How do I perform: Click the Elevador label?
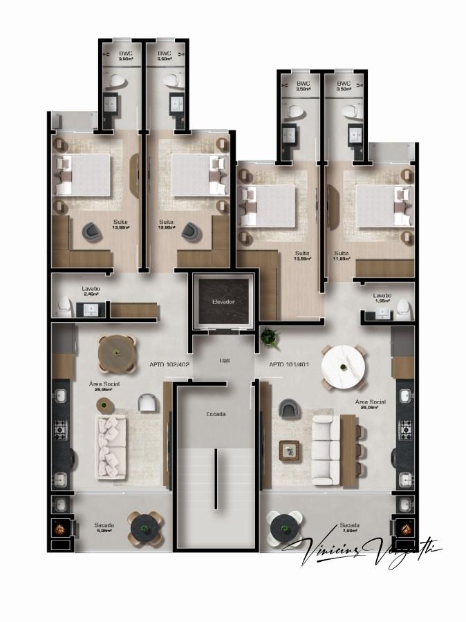tap(223, 303)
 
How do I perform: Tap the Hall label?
tap(225, 361)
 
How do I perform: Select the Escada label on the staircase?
tap(216, 414)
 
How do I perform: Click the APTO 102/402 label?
tap(169, 364)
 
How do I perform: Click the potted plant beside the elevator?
tap(268, 337)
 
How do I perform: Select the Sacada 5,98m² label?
tap(104, 528)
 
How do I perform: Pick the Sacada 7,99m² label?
tap(349, 528)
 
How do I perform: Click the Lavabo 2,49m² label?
tap(91, 291)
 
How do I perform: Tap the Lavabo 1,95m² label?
tap(382, 298)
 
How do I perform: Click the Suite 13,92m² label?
tap(120, 224)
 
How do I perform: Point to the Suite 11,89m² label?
tap(342, 255)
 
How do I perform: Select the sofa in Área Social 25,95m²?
tap(111, 446)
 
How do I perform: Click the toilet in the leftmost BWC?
tap(115, 80)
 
